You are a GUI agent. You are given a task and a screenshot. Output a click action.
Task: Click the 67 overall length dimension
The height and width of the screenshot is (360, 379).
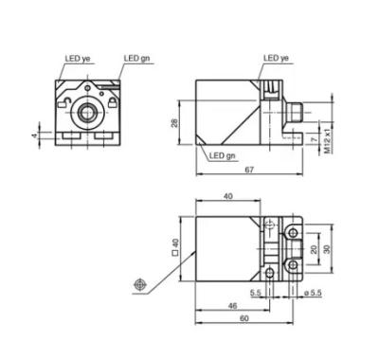[x=249, y=170]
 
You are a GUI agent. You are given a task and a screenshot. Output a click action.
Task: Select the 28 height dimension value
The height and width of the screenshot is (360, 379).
[x=174, y=123]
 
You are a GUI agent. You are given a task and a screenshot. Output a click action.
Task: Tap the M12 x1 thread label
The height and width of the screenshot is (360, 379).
[x=329, y=141]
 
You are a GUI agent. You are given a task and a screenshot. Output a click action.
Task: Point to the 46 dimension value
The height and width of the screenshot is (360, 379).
[x=232, y=306]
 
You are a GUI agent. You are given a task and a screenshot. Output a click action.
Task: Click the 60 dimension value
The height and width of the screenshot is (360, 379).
[x=244, y=318]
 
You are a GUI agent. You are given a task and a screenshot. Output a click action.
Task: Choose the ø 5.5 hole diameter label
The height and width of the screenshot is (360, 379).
[x=313, y=293]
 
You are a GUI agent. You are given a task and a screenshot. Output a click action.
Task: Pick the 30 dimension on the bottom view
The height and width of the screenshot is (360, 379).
[x=327, y=249]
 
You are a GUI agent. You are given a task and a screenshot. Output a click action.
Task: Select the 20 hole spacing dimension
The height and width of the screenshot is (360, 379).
[x=314, y=249]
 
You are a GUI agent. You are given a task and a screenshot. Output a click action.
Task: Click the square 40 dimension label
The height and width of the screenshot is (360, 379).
[x=174, y=247]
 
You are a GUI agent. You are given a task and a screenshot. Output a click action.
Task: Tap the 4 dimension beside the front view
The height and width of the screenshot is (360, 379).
[x=34, y=135]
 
